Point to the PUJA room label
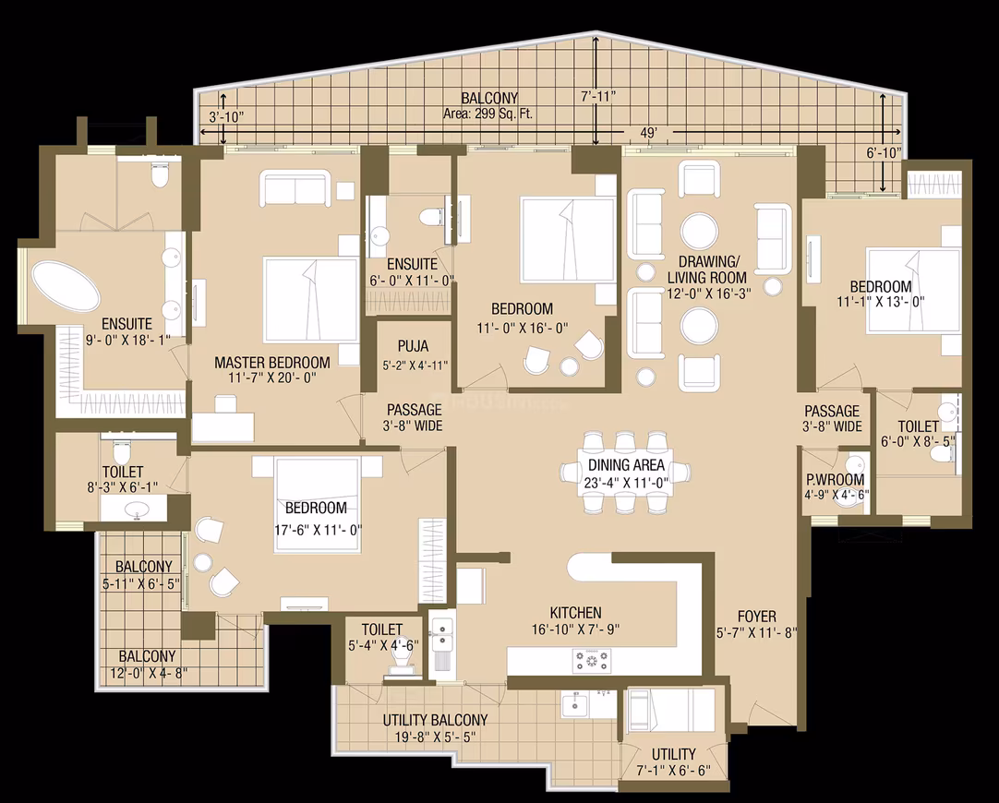click(x=413, y=346)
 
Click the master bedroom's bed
click(x=311, y=300)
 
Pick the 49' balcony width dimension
click(x=648, y=133)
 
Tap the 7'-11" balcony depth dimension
click(x=598, y=97)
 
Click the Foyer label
click(x=757, y=617)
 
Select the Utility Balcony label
click(x=435, y=720)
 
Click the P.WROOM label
click(x=835, y=480)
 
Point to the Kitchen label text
click(x=575, y=613)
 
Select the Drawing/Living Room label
click(x=706, y=270)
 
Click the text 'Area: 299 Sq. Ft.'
click(x=488, y=114)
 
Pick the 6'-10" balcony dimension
click(x=885, y=153)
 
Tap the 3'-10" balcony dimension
click(x=227, y=117)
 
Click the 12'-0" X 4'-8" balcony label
click(x=147, y=665)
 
